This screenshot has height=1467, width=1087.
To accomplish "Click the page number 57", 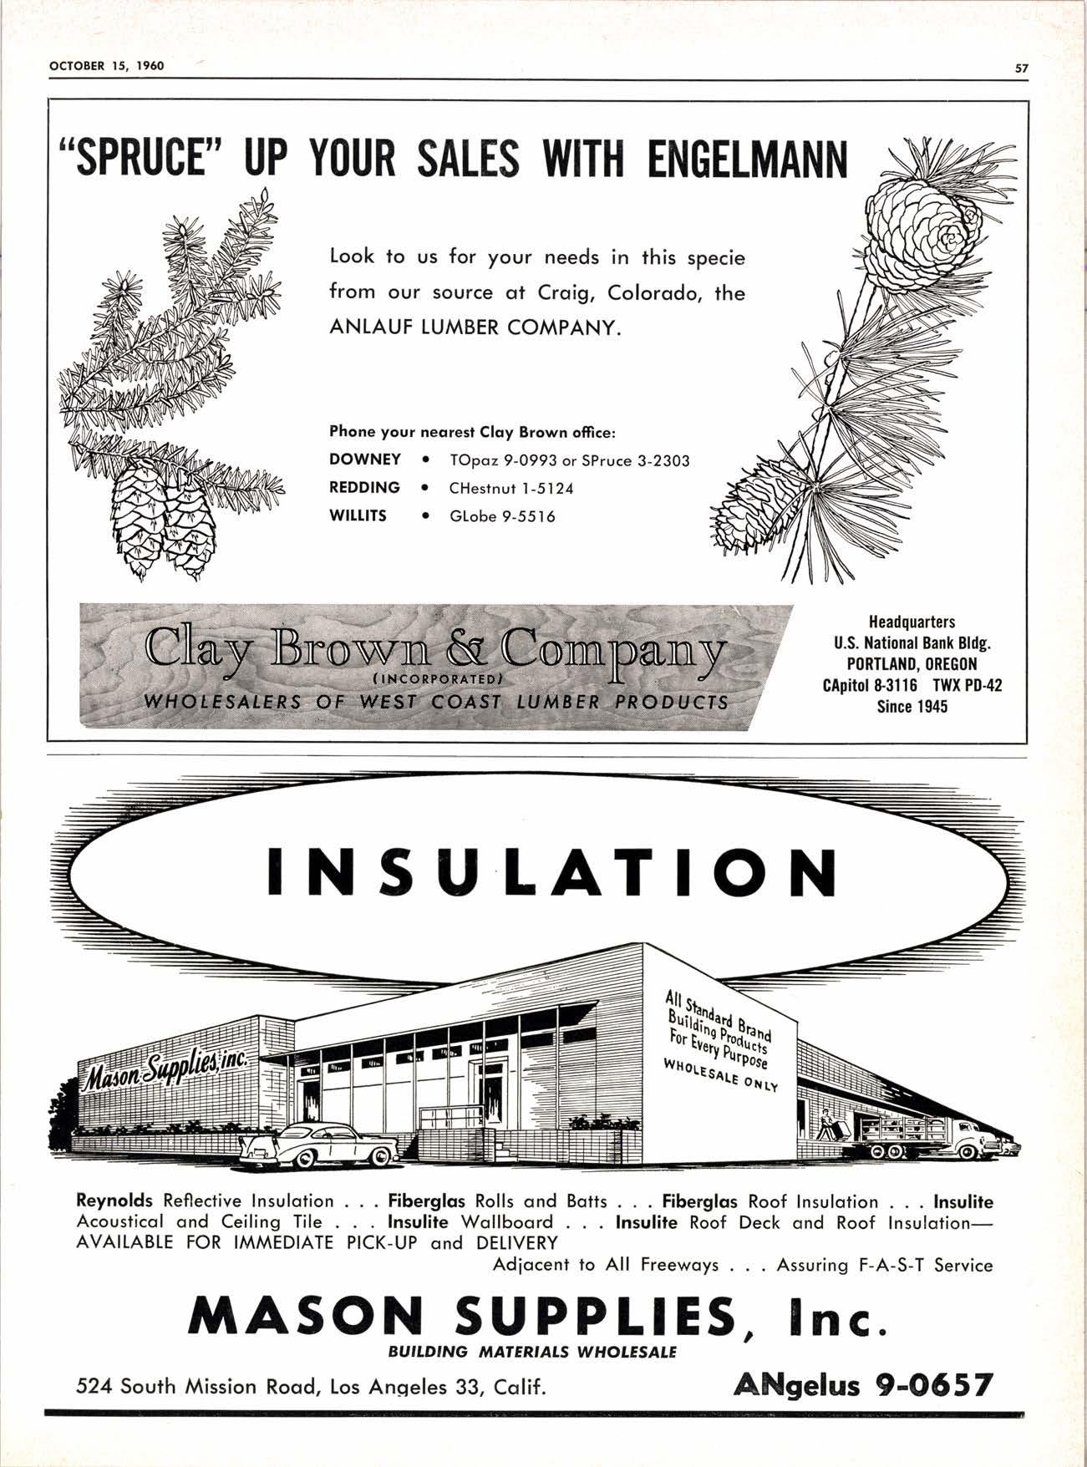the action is pos(1020,69).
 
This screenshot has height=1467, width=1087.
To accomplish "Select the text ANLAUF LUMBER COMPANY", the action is pos(475,327).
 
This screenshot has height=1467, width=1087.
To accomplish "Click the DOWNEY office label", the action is pos(364,459).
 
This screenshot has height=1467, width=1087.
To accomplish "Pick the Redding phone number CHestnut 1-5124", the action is pos(511,488).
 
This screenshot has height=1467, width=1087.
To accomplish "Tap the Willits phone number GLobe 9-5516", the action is pos(502,516).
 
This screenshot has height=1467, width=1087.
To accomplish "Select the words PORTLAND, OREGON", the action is pos(912,664).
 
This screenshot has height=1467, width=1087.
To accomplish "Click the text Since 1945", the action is pos(912,707).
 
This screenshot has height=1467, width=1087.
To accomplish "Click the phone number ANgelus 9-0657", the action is pos(862,1385).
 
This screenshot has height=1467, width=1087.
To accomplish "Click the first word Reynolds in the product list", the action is pos(114,1201).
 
